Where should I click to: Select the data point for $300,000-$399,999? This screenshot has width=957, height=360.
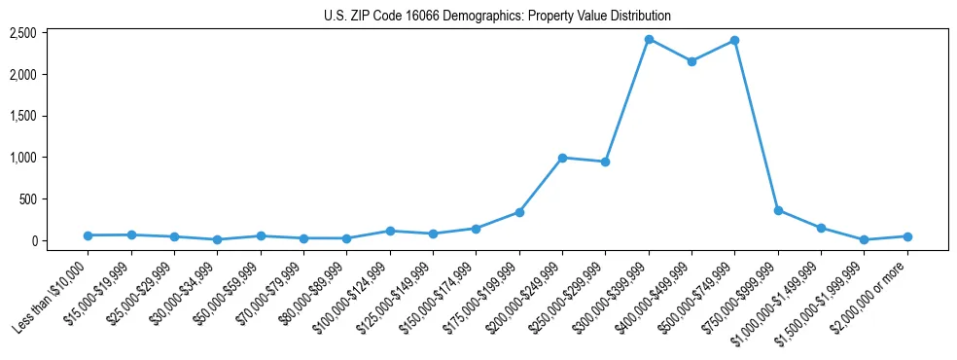pyautogui.click(x=649, y=39)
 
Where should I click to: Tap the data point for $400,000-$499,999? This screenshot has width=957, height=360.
pyautogui.click(x=691, y=61)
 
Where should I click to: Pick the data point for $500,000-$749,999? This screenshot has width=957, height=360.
pyautogui.click(x=734, y=40)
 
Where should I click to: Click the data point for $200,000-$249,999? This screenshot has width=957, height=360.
pyautogui.click(x=562, y=158)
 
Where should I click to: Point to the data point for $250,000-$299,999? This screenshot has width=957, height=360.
pyautogui.click(x=605, y=162)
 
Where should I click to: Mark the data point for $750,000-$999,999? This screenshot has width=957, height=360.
pyautogui.click(x=778, y=210)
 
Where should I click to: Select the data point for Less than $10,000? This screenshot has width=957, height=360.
pyautogui.click(x=89, y=235)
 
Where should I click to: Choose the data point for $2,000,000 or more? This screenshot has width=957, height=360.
pyautogui.click(x=907, y=236)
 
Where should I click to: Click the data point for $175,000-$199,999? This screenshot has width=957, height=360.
pyautogui.click(x=519, y=212)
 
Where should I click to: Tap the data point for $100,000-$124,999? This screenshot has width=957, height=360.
pyautogui.click(x=390, y=231)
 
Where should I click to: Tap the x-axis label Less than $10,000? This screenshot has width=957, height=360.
pyautogui.click(x=53, y=292)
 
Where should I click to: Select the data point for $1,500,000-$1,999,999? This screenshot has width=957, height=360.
pyautogui.click(x=864, y=239)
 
